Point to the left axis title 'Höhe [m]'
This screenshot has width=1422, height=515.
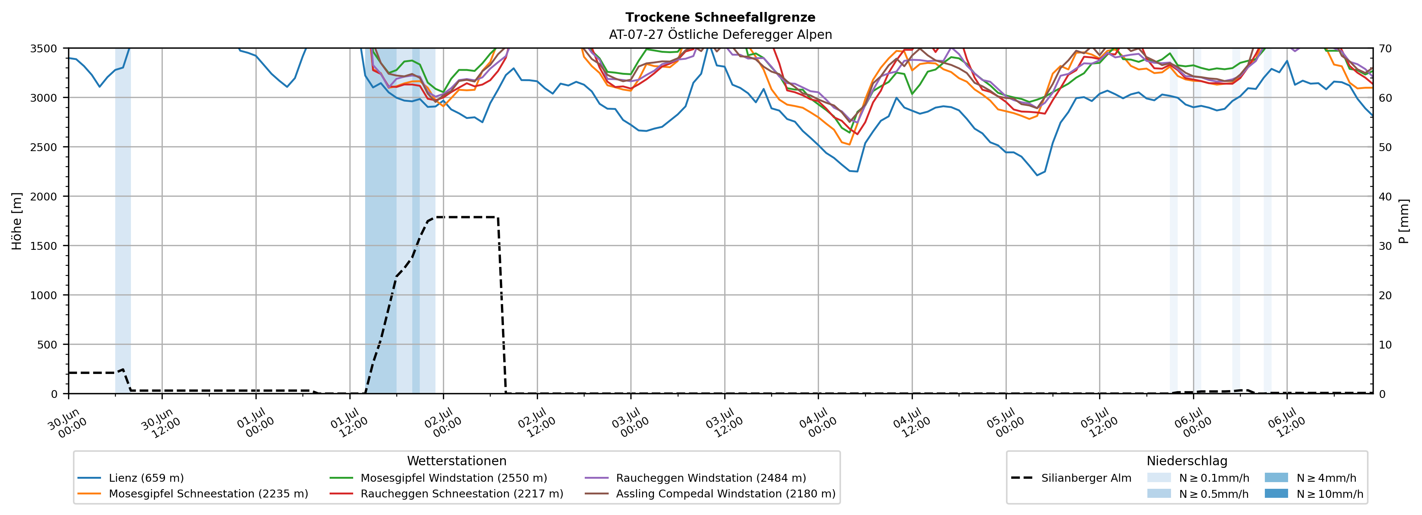(17, 221)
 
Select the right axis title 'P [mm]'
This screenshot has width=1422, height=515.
(1404, 221)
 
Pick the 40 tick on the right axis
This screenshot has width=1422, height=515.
(1385, 196)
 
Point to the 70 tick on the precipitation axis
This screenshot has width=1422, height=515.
(1385, 49)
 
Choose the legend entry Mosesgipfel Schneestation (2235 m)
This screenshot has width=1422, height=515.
(193, 493)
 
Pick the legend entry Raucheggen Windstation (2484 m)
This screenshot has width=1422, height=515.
(695, 478)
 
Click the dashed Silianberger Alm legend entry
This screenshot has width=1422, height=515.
(1071, 478)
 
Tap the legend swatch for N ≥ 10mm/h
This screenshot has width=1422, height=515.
(1276, 493)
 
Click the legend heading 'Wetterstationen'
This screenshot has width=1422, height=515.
(456, 461)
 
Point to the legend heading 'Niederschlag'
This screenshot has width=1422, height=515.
(1187, 461)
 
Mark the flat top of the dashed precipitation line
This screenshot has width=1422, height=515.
(467, 217)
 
